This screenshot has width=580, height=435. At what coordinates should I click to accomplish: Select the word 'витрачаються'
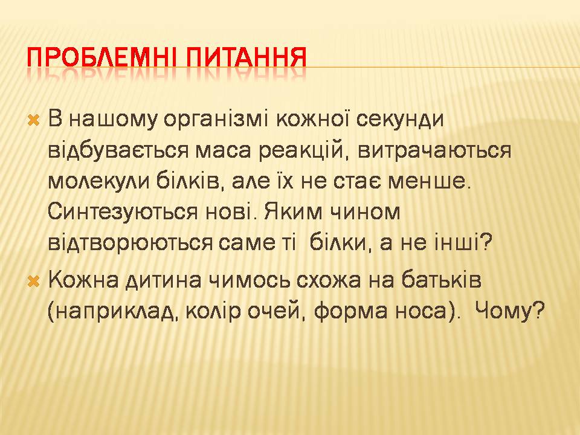435,150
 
